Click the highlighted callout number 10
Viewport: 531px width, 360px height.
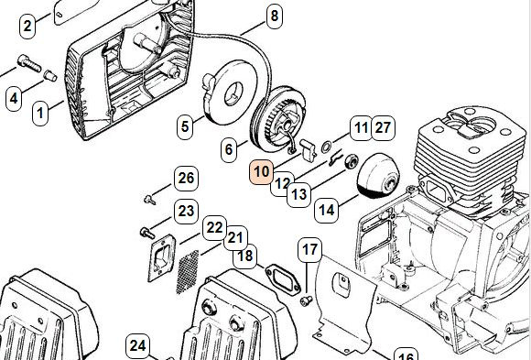pos(261,172)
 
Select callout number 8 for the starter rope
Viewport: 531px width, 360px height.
pos(274,16)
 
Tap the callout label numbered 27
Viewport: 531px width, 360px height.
pos(384,128)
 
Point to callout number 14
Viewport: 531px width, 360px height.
pos(327,210)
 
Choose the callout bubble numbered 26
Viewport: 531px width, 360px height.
pos(186,178)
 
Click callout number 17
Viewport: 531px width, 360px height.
pos(309,250)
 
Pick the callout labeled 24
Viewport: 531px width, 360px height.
pos(137,346)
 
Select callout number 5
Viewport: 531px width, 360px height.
pos(185,126)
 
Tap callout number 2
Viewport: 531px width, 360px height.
pos(27,26)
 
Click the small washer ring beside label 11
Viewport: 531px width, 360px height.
pos(326,147)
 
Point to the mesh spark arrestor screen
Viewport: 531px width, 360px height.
pos(188,272)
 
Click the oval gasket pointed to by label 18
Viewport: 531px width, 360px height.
pos(283,280)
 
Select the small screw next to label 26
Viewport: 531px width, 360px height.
pos(149,200)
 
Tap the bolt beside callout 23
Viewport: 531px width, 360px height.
pos(147,233)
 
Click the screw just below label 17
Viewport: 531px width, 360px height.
pos(307,300)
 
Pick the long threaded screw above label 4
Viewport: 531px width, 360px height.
pos(29,63)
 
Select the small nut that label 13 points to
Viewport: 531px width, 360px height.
pos(352,161)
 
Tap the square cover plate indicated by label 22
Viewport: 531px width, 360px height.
pos(161,257)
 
